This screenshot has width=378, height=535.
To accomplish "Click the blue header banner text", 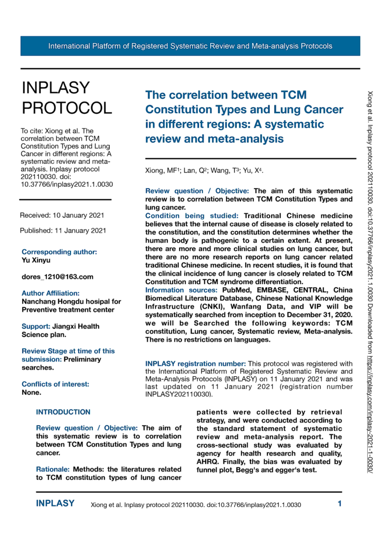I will point(190,46).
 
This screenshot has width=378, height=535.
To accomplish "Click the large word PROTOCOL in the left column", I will point(66,108).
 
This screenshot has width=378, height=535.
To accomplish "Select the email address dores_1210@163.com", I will point(58,277).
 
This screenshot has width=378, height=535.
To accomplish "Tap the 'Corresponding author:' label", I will point(60,252).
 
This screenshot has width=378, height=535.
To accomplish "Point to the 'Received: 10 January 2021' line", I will point(62,215).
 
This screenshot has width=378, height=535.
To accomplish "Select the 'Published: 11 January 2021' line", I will point(63,230).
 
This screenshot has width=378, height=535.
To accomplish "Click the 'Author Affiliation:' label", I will point(51,293).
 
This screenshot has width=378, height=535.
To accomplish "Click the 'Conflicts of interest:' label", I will point(56,384).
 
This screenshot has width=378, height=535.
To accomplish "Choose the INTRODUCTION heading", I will point(63,412).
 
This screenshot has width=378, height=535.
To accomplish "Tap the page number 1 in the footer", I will point(340,503).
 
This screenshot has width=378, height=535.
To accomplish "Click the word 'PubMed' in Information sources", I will point(238,290).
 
